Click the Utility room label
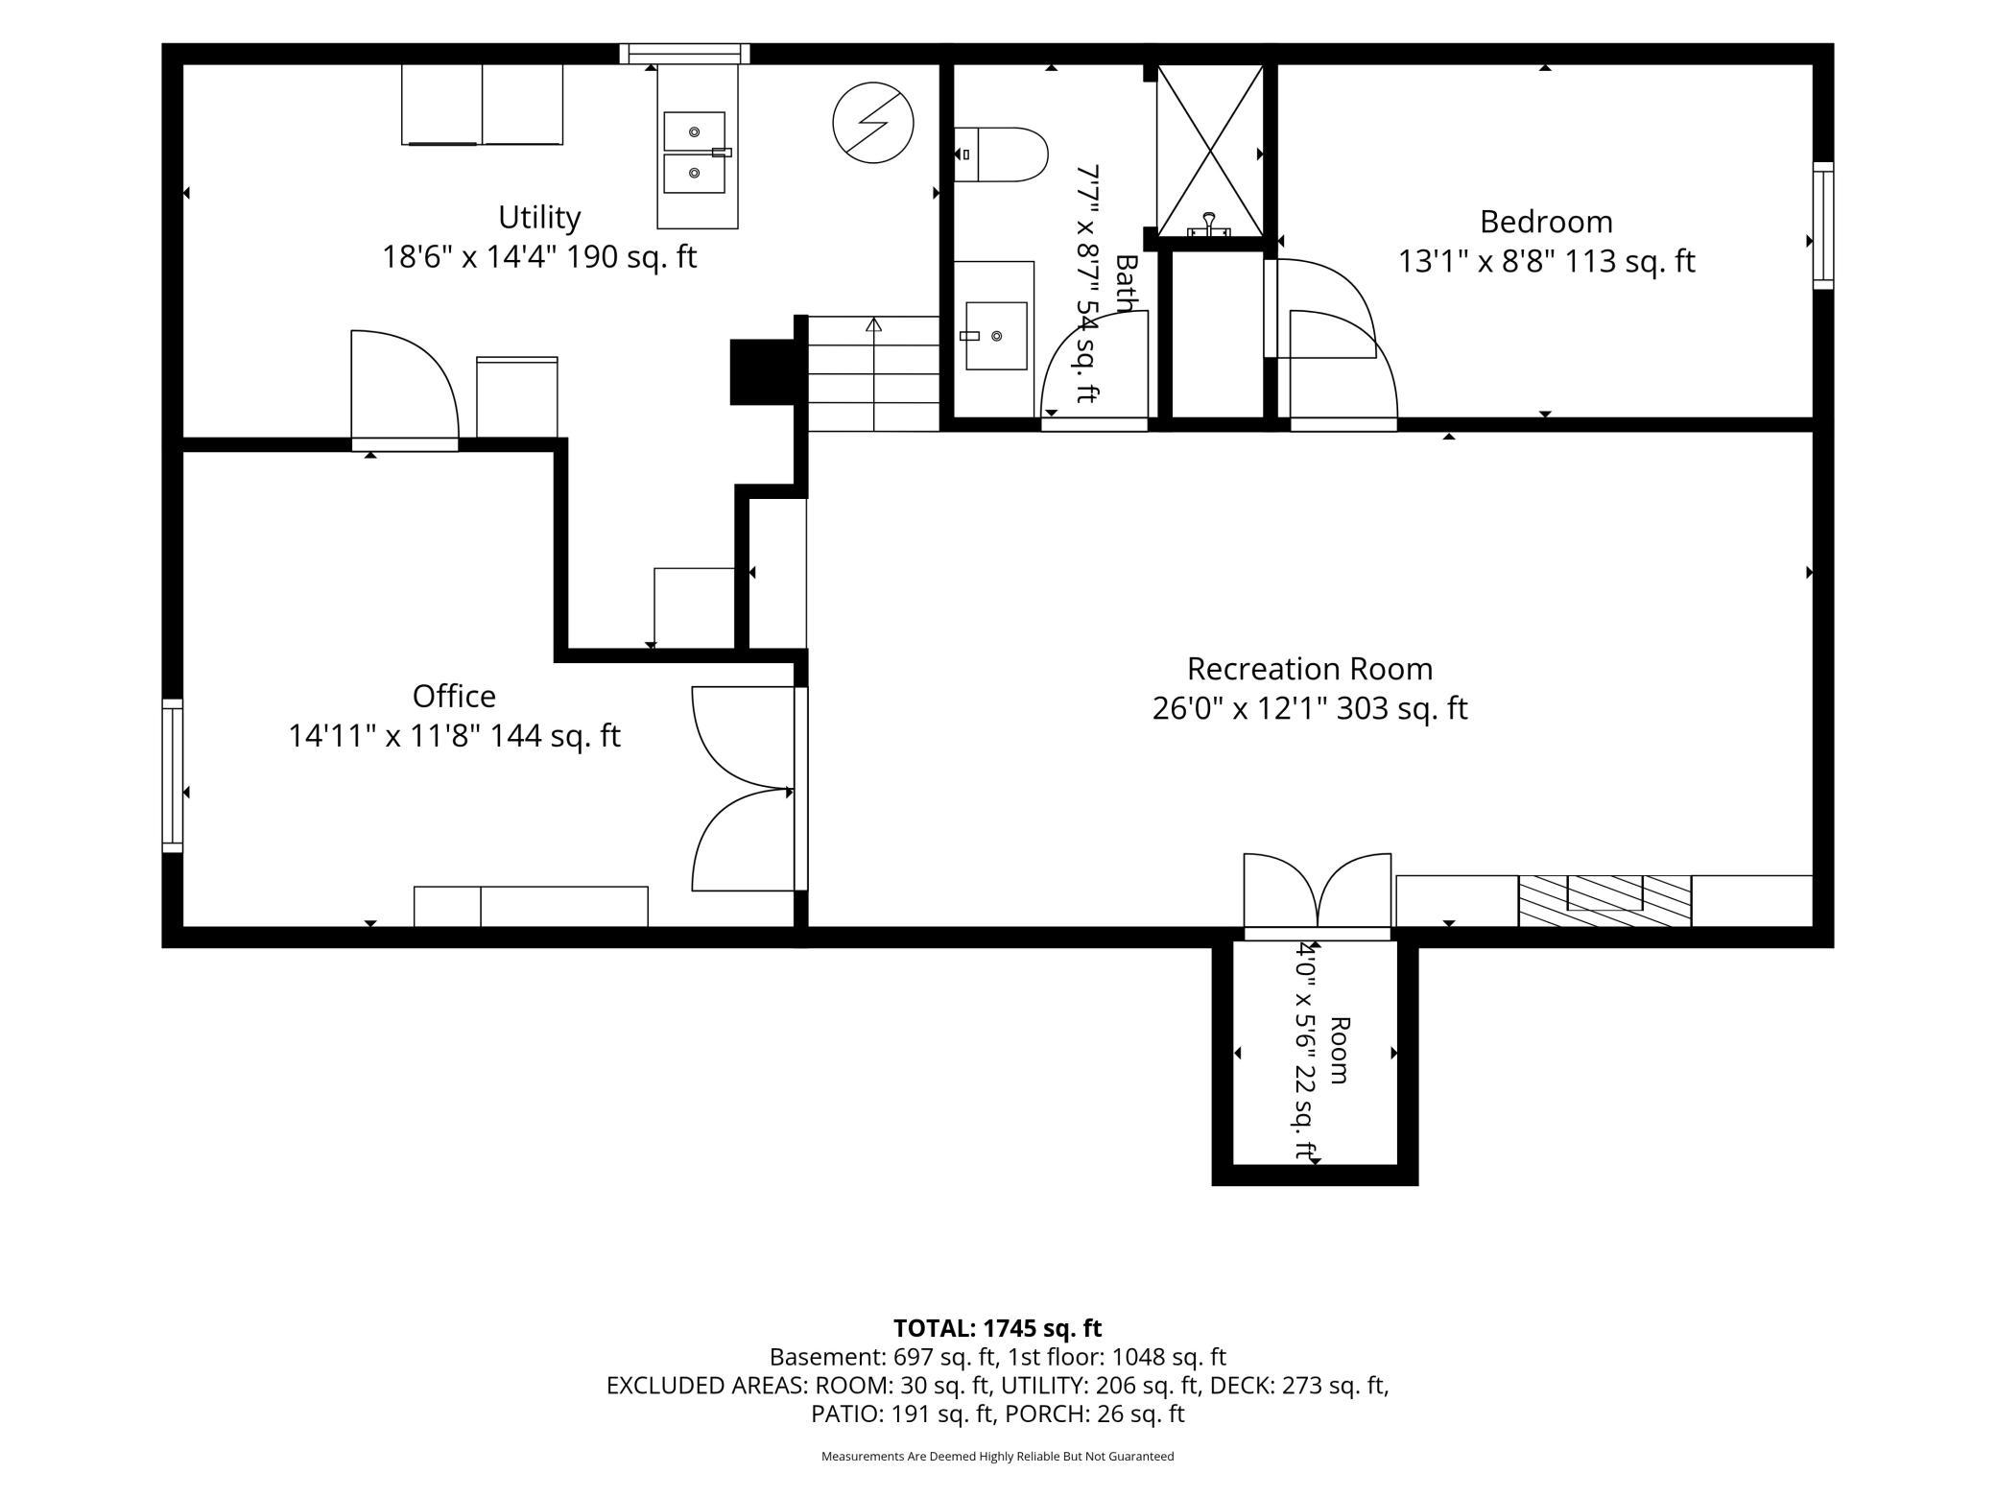click(539, 218)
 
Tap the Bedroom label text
click(1546, 222)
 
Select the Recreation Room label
click(1310, 669)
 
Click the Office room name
click(454, 696)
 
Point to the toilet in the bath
click(1000, 154)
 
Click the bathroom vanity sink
click(996, 336)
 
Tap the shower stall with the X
click(1210, 151)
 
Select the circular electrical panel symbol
click(873, 122)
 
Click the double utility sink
click(695, 153)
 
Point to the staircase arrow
click(873, 373)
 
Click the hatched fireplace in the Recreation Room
click(1604, 900)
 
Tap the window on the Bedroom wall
click(1822, 226)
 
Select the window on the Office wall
click(173, 775)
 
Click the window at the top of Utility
click(684, 54)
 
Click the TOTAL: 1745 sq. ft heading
click(998, 1328)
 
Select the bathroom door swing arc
click(1095, 365)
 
